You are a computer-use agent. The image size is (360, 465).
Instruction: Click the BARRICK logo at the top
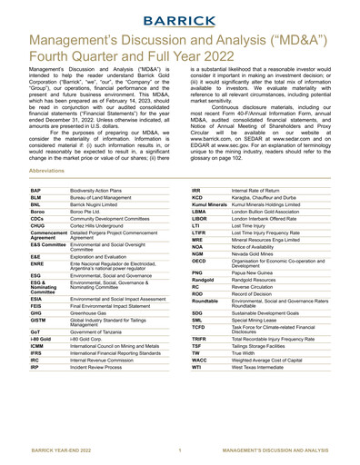point(180,16)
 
